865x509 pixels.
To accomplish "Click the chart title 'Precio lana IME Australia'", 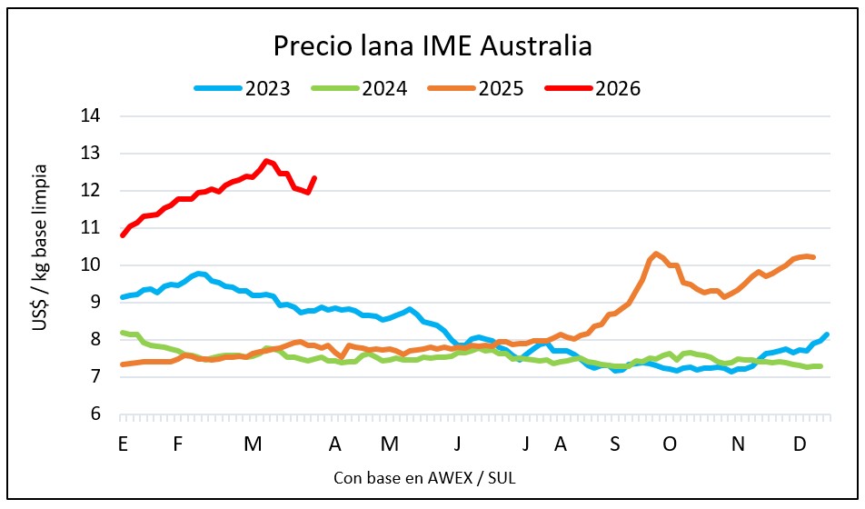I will [x=432, y=45].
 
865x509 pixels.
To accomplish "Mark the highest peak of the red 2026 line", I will [x=265, y=161].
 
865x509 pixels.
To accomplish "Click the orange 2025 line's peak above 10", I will [x=655, y=254].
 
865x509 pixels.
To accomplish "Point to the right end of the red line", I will [x=314, y=178].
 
